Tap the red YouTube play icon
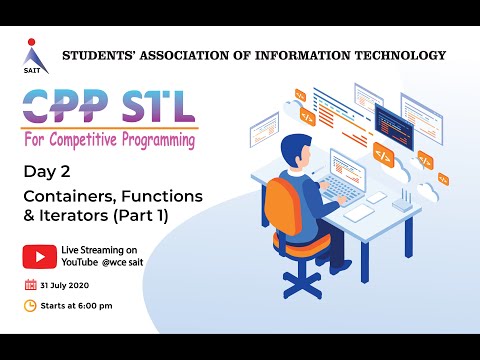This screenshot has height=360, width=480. (x=39, y=258)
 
